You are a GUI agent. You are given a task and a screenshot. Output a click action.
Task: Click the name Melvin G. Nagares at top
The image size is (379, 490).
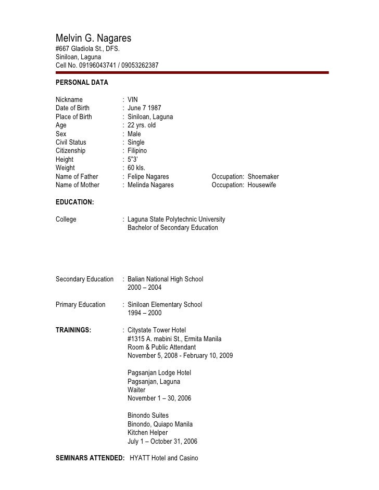[94, 38]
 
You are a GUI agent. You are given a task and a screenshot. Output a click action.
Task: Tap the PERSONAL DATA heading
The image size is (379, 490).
[82, 83]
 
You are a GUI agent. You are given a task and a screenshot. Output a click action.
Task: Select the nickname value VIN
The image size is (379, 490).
[133, 100]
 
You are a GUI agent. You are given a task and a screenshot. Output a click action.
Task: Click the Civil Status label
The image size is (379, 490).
[71, 143]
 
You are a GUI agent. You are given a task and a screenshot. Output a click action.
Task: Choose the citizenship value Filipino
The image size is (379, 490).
[137, 151]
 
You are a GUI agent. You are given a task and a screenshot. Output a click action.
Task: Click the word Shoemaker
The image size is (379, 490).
[263, 177]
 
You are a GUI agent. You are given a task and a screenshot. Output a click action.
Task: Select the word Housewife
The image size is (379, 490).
[262, 185]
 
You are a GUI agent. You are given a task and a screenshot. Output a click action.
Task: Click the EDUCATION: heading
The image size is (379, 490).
[74, 202]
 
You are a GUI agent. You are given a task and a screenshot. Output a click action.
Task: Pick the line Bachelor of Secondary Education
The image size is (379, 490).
[173, 228]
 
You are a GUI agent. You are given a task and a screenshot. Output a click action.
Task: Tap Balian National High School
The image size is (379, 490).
[165, 279]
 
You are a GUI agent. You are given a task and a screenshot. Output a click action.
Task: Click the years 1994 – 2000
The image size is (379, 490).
[144, 313]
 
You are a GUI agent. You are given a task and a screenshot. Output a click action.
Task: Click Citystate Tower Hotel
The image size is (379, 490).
[156, 330]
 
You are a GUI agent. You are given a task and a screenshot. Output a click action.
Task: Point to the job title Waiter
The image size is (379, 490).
[136, 390]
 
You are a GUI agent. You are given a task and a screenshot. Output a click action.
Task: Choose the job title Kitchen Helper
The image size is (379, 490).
[147, 433]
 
